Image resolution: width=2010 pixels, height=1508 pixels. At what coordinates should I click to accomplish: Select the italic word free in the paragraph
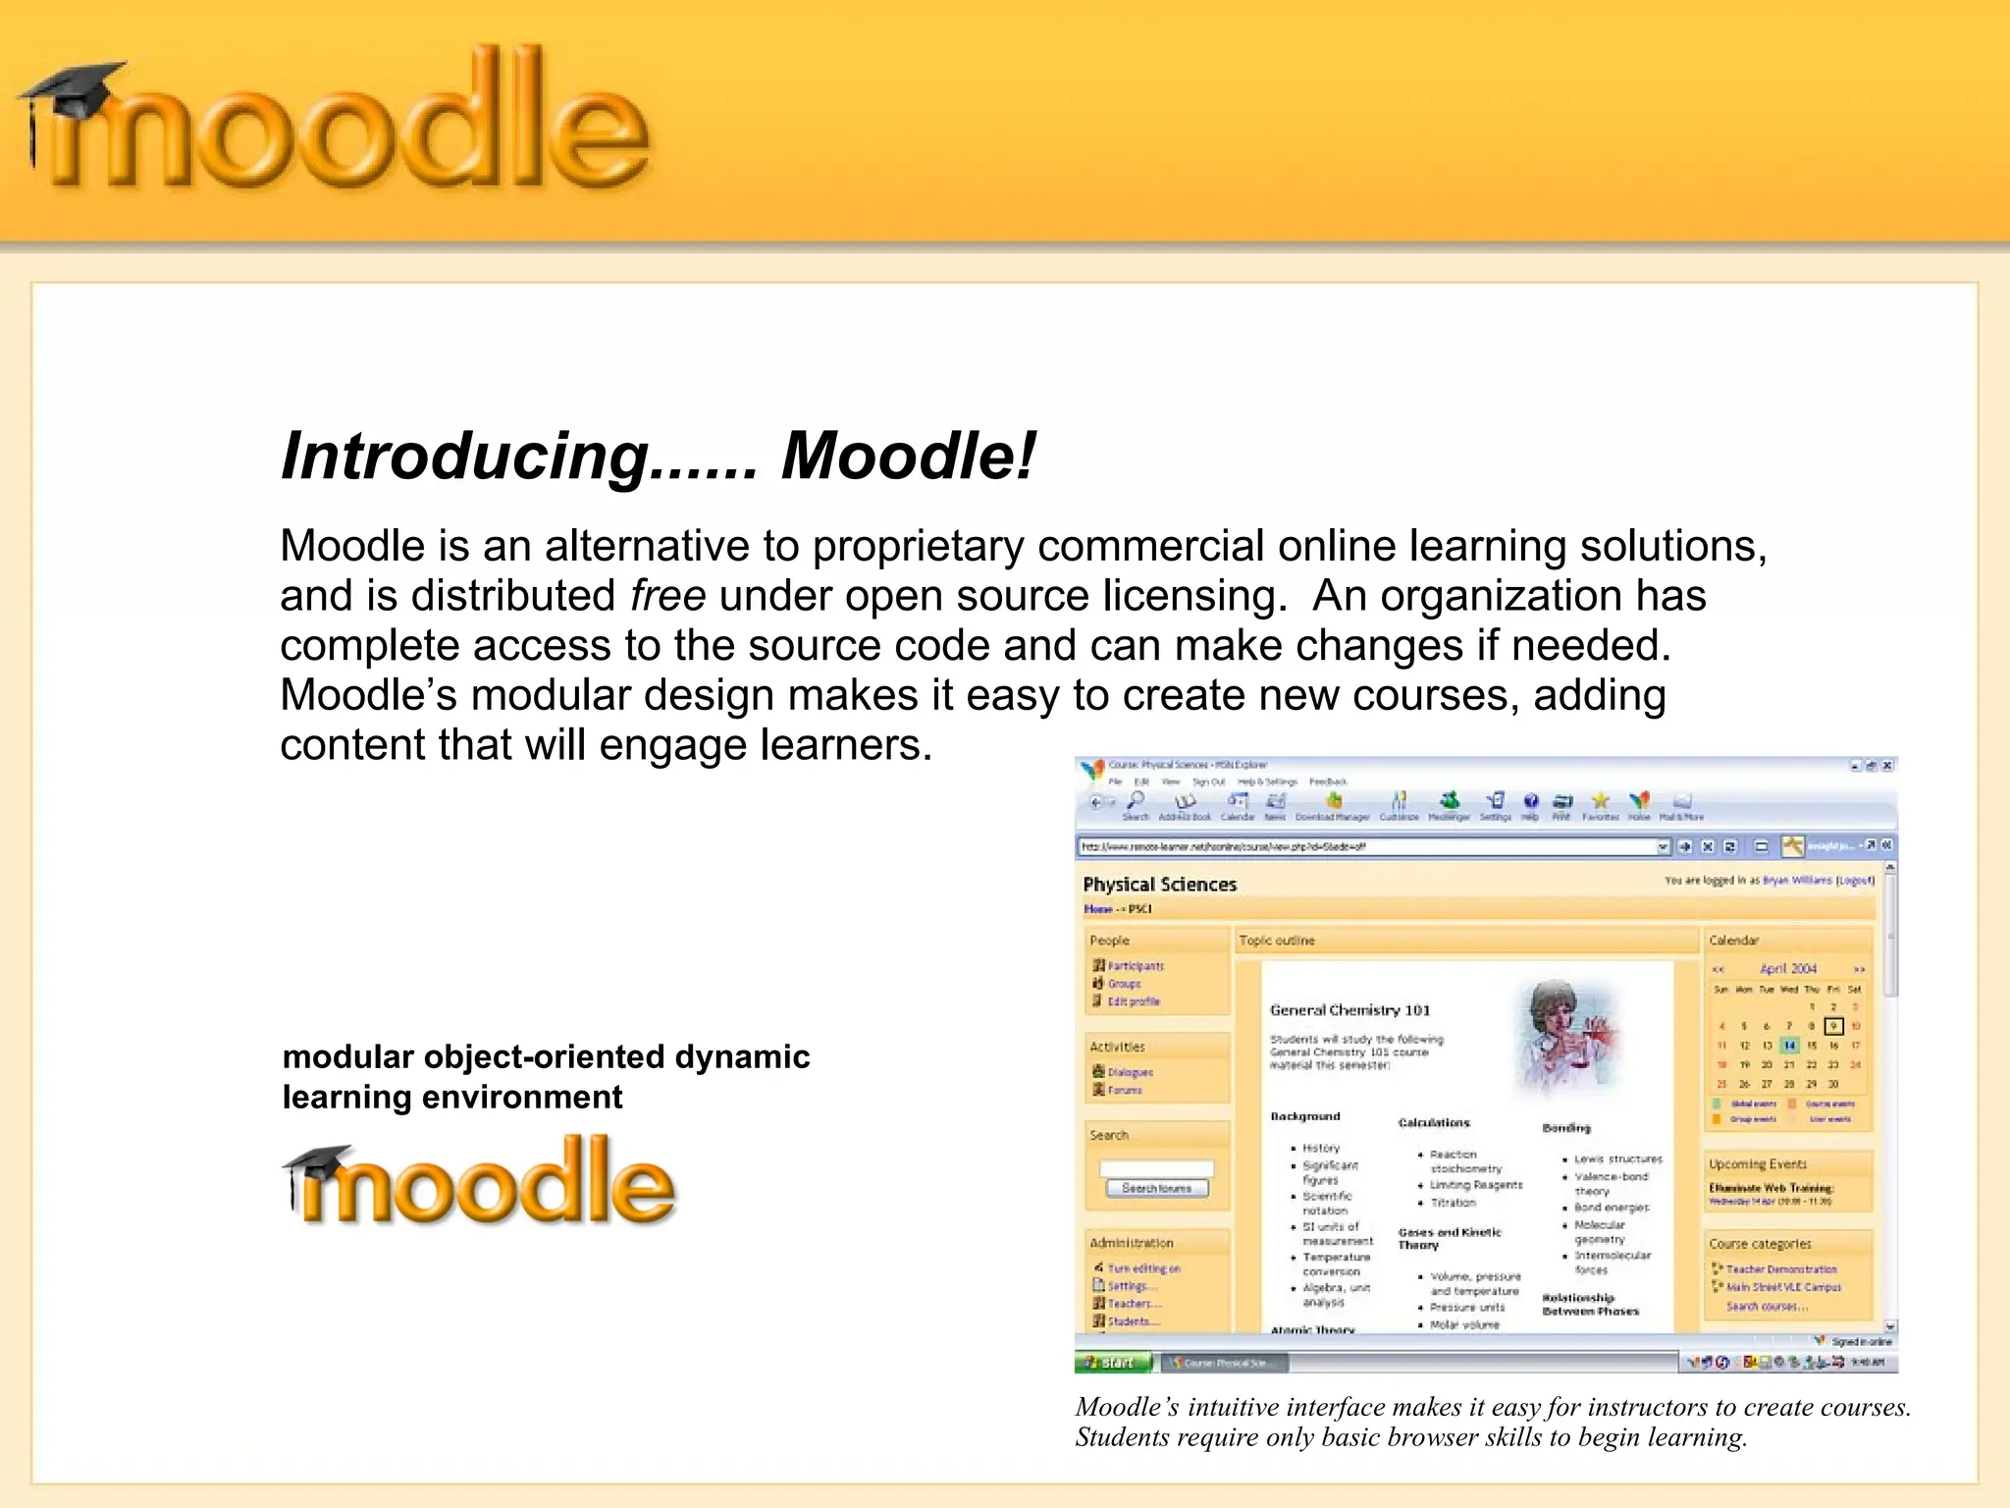pyautogui.click(x=667, y=596)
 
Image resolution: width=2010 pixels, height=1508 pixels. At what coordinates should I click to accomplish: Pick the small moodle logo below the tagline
pyautogui.click(x=481, y=1182)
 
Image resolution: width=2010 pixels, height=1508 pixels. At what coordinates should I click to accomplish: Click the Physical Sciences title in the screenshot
pyautogui.click(x=1159, y=885)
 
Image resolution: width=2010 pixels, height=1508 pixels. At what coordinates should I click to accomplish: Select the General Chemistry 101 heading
pyautogui.click(x=1349, y=1010)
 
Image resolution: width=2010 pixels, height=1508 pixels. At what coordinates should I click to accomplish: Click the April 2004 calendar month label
pyautogui.click(x=1787, y=968)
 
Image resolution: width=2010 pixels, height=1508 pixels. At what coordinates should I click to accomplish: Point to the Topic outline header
pyautogui.click(x=1276, y=941)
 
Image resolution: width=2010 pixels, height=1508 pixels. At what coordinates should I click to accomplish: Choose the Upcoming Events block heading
pyautogui.click(x=1757, y=1164)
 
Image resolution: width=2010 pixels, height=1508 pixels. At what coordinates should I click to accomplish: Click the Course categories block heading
pyautogui.click(x=1760, y=1244)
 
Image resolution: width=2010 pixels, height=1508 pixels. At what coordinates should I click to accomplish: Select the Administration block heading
pyautogui.click(x=1131, y=1243)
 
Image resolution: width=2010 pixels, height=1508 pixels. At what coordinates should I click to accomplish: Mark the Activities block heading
pyautogui.click(x=1117, y=1047)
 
